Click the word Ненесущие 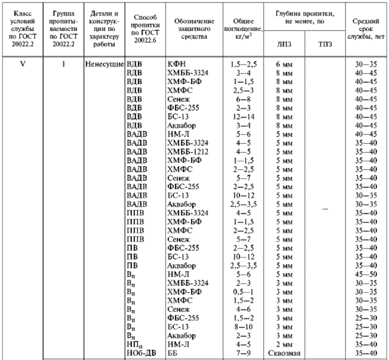[105, 63]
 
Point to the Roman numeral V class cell [23, 63]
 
